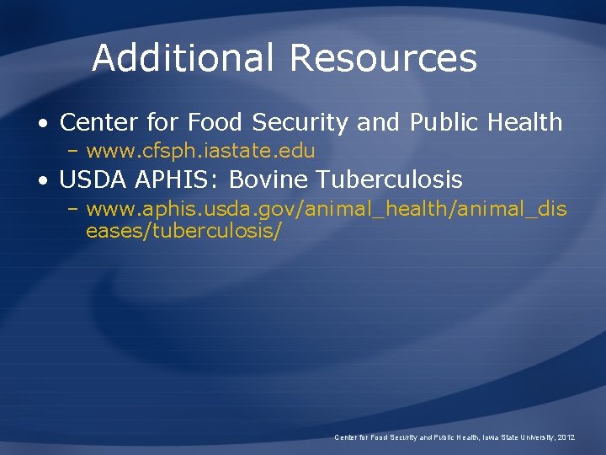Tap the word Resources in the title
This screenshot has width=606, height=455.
coord(383,58)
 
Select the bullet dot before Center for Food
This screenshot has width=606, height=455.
coord(42,123)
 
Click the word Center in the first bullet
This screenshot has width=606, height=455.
coord(98,123)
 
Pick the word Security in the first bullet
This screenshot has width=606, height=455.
coord(300,123)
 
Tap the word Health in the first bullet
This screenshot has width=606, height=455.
coord(523,123)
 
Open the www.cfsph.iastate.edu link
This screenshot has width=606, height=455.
coord(200,152)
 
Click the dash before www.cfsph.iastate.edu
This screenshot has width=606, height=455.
coord(73,152)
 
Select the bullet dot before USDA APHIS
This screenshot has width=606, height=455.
coord(42,179)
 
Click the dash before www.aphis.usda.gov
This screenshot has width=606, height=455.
coord(73,208)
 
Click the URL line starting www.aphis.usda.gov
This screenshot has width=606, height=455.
coord(327,208)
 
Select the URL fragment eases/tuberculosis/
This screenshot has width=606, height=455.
coord(183,230)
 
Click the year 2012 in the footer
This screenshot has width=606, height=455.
coord(566,438)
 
